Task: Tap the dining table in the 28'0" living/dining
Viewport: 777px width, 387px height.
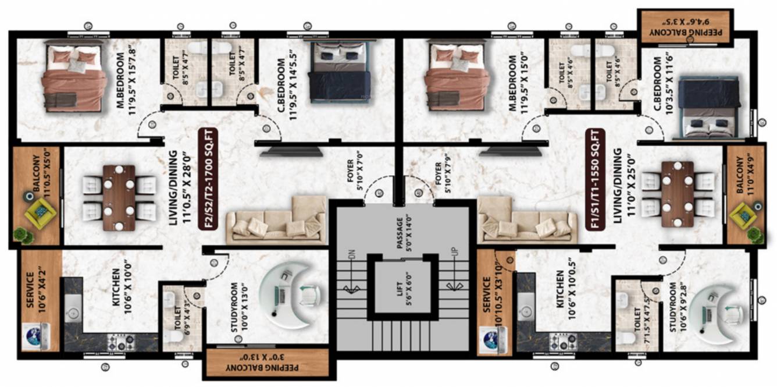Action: (119, 197)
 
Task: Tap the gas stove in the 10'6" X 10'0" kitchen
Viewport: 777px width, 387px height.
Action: (121, 342)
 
